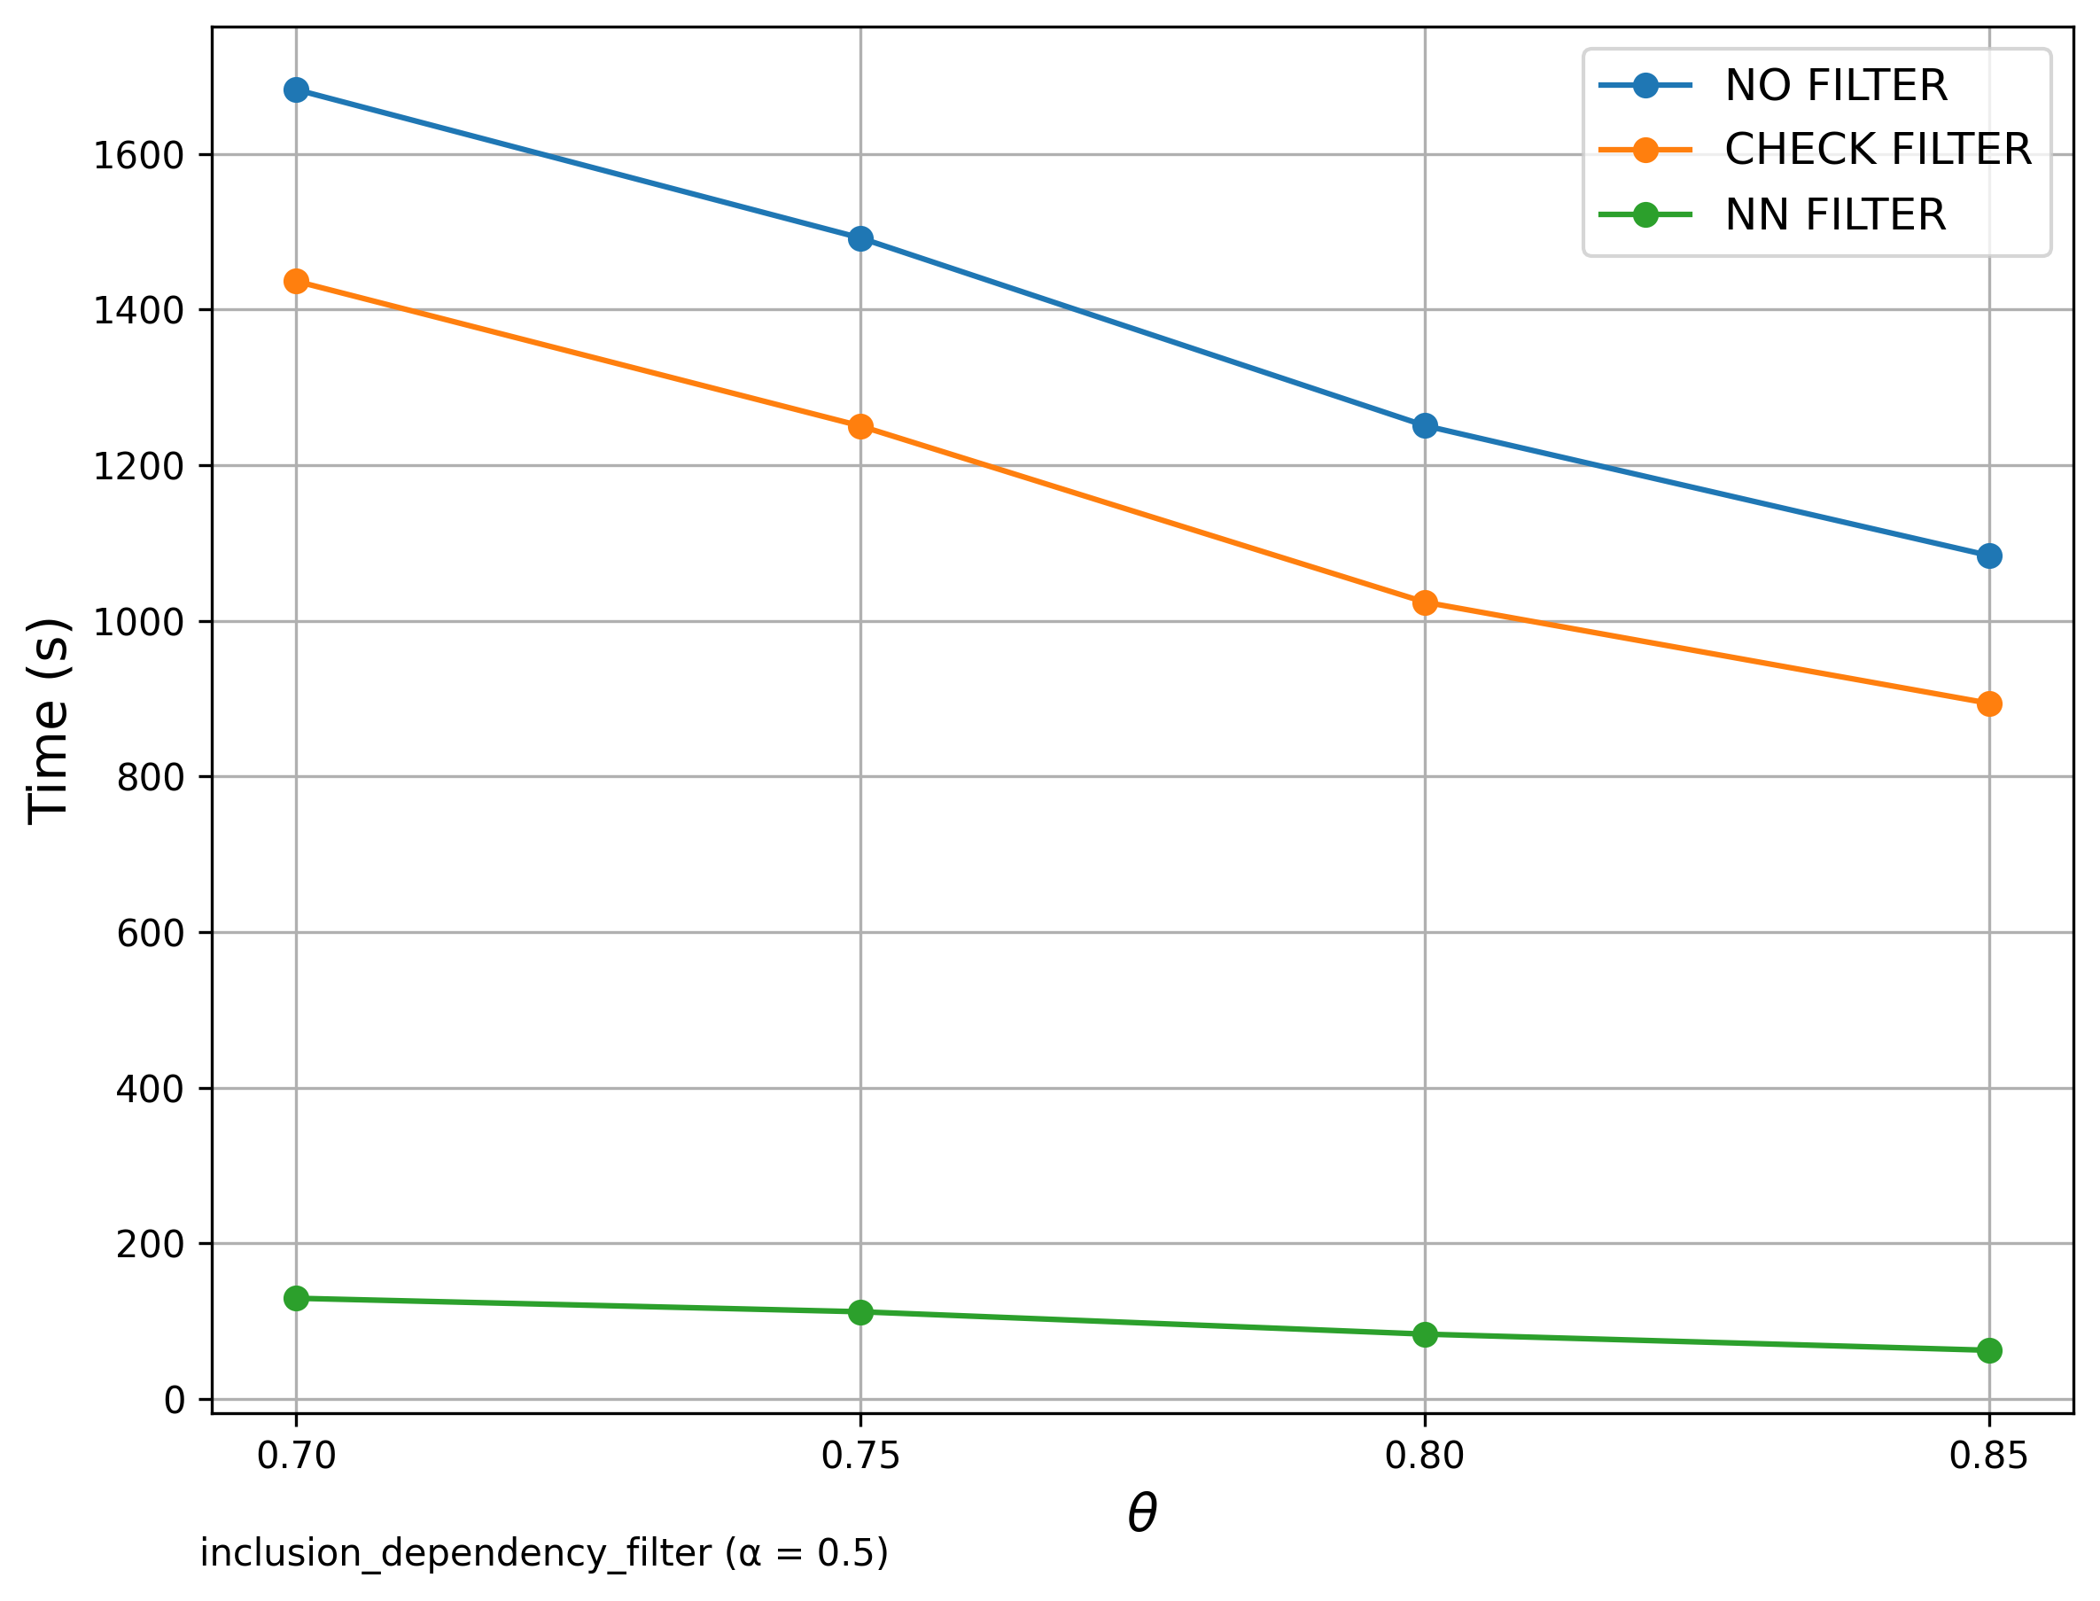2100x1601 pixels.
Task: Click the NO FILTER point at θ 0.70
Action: coord(296,90)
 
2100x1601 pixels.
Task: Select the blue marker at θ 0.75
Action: coord(860,239)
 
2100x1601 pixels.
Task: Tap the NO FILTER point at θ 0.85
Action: coord(1989,556)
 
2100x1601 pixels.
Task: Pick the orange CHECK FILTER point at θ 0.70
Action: coord(296,282)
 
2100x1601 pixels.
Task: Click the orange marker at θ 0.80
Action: coord(1426,603)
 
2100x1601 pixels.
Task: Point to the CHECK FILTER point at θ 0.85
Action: coord(1989,704)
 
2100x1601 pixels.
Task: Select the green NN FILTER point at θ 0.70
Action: coord(296,1299)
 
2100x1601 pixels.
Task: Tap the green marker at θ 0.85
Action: coord(1989,1351)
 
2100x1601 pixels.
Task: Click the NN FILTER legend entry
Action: coord(1834,215)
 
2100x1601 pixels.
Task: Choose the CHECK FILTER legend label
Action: coord(1877,150)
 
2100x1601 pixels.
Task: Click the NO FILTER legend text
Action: coord(1835,86)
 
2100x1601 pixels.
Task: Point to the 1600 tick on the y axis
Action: coord(138,155)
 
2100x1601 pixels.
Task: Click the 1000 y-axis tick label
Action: coord(138,622)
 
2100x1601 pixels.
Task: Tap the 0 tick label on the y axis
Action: coord(175,1401)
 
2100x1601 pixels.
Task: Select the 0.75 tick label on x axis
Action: coord(860,1457)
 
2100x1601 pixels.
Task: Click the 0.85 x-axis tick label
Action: coord(1989,1457)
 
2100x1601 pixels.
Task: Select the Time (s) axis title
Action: coord(48,720)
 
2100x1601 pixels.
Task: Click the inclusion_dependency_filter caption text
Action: coord(543,1553)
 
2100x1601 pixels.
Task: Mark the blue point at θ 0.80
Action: coord(1426,426)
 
